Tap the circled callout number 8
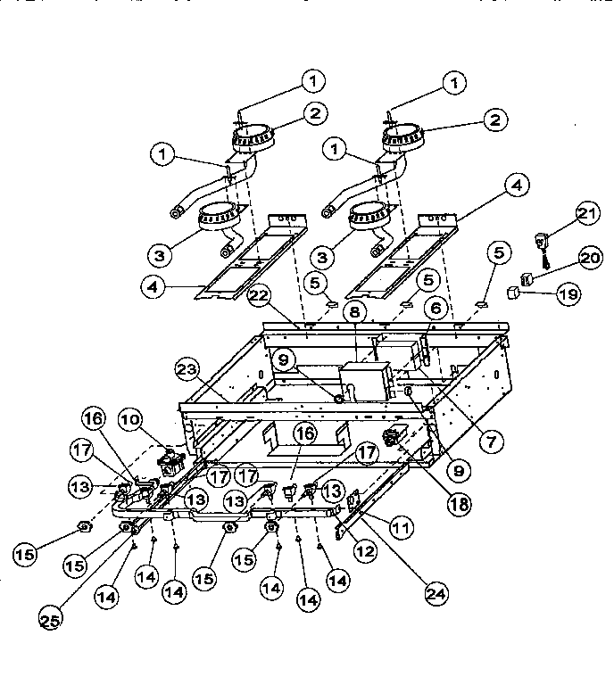pos(354,312)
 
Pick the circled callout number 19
pos(567,293)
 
